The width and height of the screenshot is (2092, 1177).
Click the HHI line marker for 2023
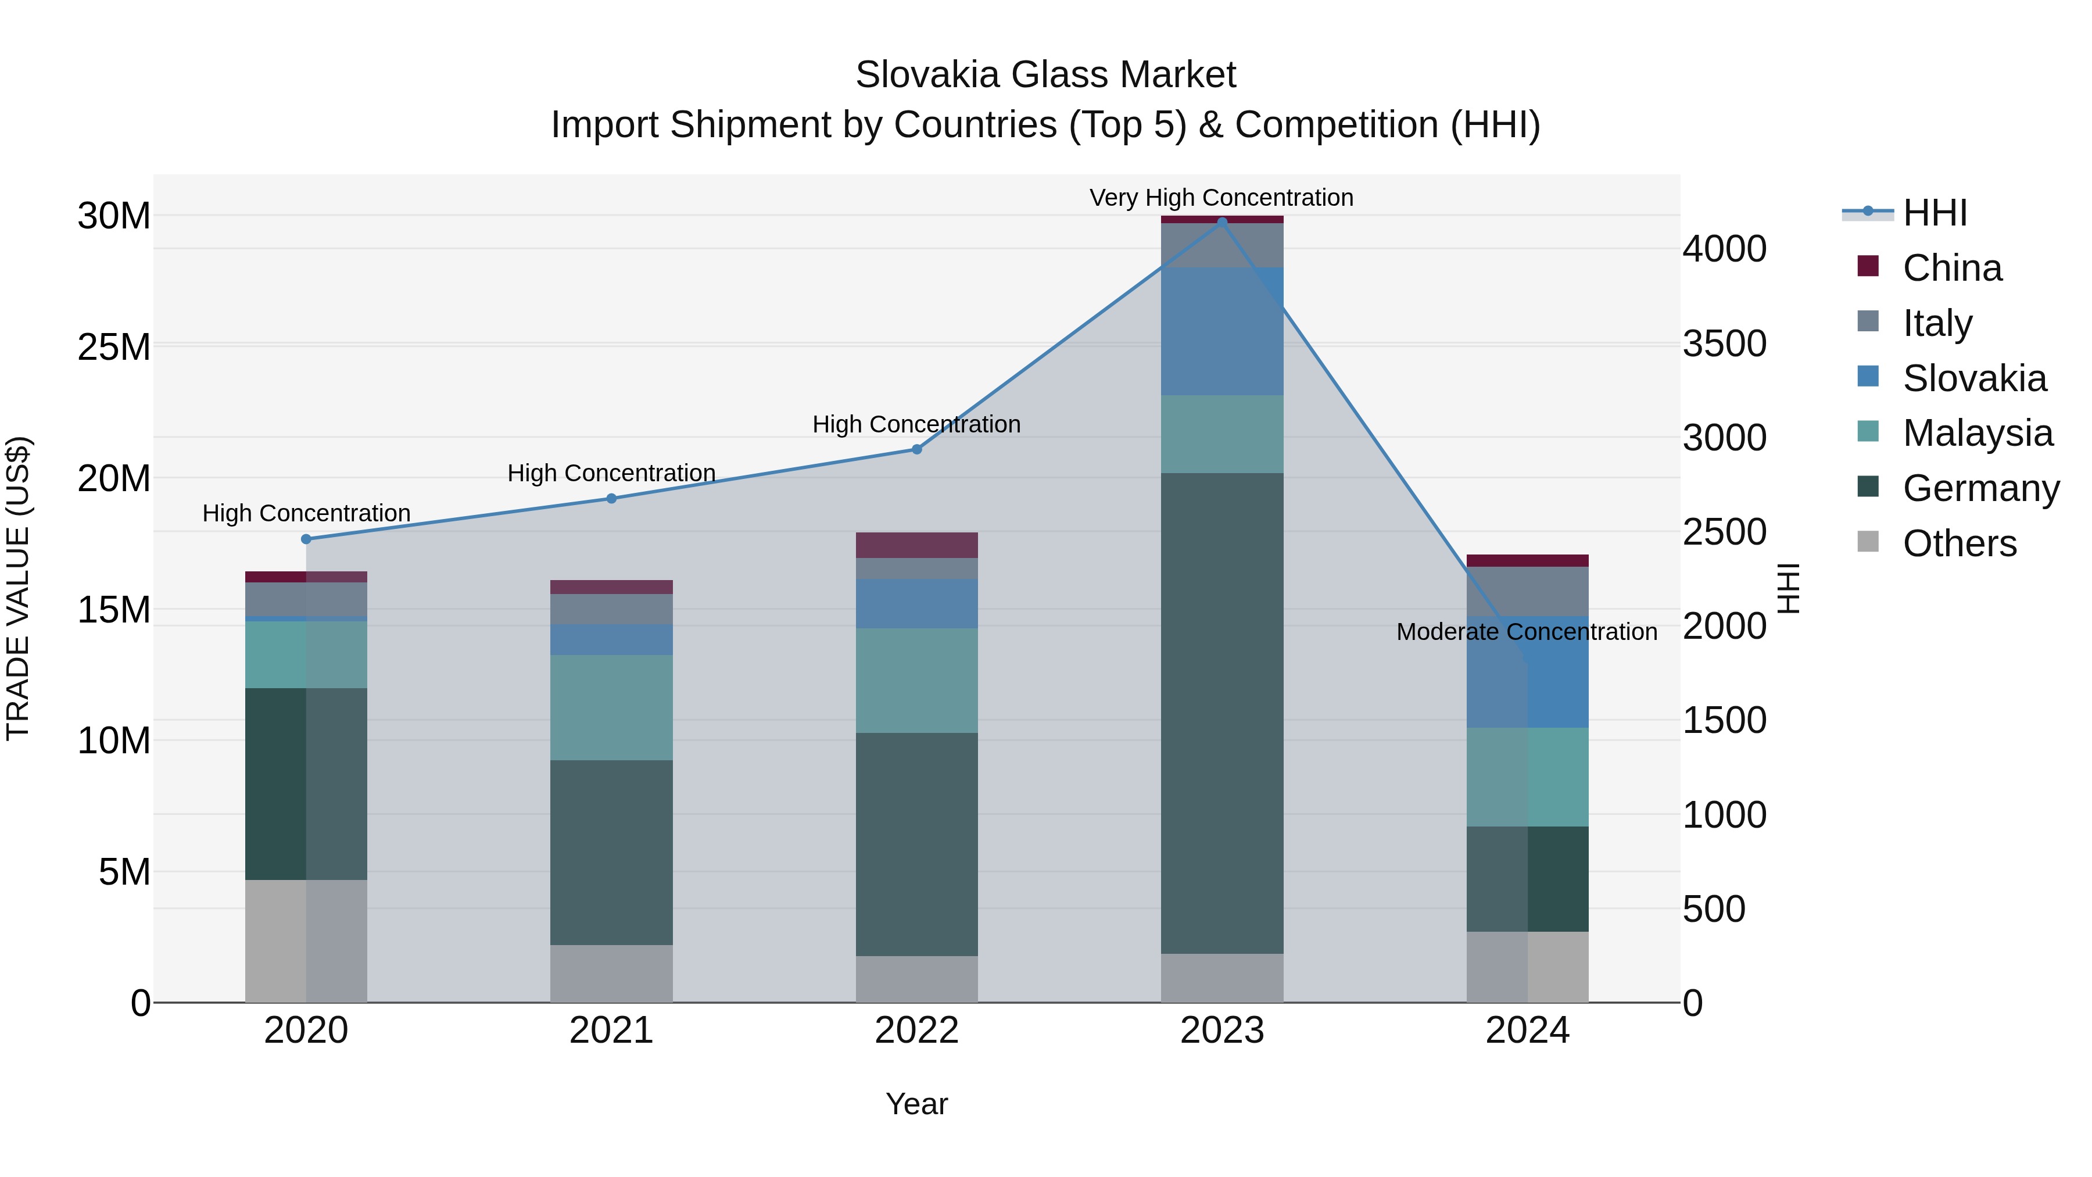pyautogui.click(x=1221, y=222)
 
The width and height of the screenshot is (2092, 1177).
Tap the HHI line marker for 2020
pyautogui.click(x=306, y=539)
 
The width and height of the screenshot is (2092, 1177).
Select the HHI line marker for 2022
pyautogui.click(x=917, y=449)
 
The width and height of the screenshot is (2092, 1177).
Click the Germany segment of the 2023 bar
pyautogui.click(x=1221, y=713)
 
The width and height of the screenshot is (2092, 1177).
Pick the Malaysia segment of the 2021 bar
pyautogui.click(x=611, y=707)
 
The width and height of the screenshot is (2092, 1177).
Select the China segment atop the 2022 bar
pyautogui.click(x=917, y=545)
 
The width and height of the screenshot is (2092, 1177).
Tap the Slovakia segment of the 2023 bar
pyautogui.click(x=1221, y=331)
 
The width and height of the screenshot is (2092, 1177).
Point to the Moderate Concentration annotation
pyautogui.click(x=1526, y=632)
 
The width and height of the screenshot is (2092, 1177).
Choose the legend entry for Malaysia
pyautogui.click(x=1977, y=433)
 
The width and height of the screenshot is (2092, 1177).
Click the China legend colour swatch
pyautogui.click(x=1868, y=266)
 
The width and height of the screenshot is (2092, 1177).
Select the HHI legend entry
pyautogui.click(x=1935, y=213)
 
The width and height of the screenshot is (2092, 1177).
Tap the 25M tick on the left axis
pyautogui.click(x=114, y=348)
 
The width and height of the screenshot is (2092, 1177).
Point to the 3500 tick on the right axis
pyautogui.click(x=1724, y=344)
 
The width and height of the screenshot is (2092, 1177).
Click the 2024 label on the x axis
pyautogui.click(x=1527, y=1031)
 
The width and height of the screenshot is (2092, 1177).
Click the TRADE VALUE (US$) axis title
pyautogui.click(x=18, y=588)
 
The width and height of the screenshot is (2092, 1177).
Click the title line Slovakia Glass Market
pyautogui.click(x=1045, y=75)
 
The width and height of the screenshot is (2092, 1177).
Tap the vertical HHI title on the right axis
pyautogui.click(x=1789, y=588)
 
